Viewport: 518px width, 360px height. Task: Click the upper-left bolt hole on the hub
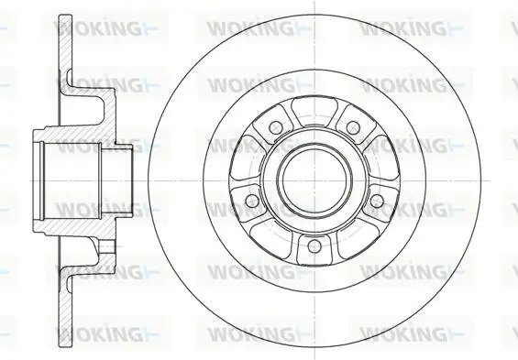click(276, 127)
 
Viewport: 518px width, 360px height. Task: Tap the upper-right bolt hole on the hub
click(353, 127)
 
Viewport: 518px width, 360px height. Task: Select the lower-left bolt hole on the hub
click(252, 200)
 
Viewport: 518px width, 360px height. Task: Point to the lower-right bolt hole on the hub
click(377, 200)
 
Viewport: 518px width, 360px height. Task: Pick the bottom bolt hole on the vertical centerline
click(314, 245)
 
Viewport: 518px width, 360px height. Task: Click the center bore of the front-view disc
click(314, 180)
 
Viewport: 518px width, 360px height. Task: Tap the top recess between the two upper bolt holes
click(314, 111)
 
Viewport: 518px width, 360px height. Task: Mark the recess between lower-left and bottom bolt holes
click(270, 235)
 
